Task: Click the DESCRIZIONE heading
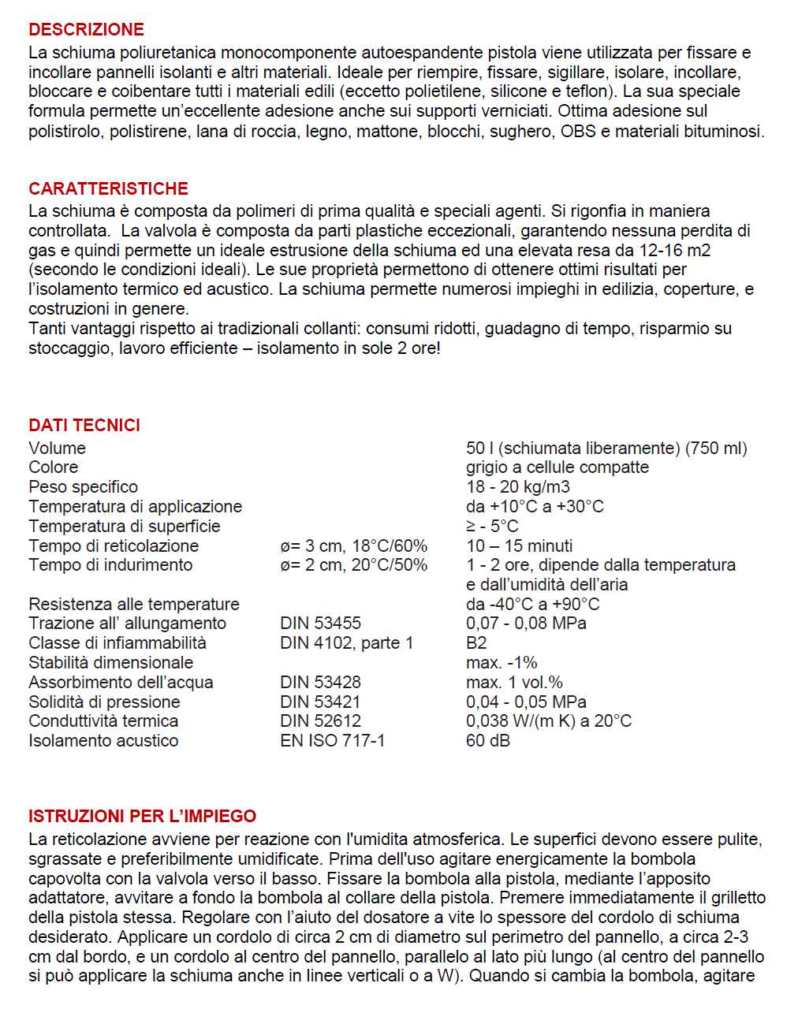tap(86, 30)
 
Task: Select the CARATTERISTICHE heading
tap(108, 189)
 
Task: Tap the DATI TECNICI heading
tap(84, 426)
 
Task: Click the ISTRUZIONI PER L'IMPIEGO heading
tap(142, 817)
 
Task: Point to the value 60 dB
tap(488, 741)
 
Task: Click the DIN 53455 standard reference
tap(320, 624)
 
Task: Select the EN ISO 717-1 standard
tap(332, 741)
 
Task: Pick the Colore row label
tap(53, 467)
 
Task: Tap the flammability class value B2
tap(476, 643)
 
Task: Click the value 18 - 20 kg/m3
tap(517, 487)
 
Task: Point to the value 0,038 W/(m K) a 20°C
tap(548, 721)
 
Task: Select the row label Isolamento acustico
tap(103, 741)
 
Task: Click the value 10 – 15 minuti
tap(519, 546)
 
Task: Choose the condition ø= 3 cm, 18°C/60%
tap(353, 546)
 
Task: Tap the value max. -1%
tap(502, 663)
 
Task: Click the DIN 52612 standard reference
tap(320, 721)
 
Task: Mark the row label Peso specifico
tap(83, 487)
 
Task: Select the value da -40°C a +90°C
tap(532, 605)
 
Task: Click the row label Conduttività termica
tap(103, 721)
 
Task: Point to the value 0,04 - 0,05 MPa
tap(526, 702)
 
